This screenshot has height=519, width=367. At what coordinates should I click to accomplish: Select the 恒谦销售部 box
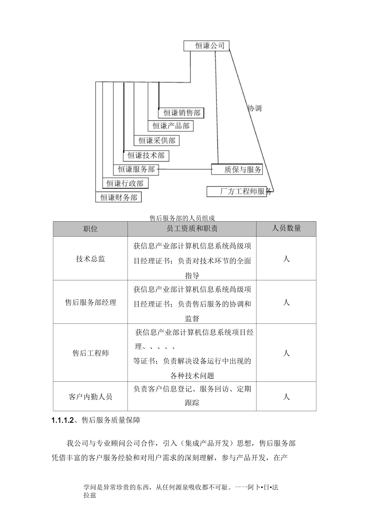click(181, 113)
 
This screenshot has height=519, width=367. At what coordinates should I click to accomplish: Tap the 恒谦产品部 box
click(170, 126)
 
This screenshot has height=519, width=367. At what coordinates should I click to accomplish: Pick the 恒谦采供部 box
click(157, 141)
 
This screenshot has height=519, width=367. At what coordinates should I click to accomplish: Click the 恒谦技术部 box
click(146, 155)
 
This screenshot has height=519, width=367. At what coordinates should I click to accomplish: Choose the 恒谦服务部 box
click(136, 169)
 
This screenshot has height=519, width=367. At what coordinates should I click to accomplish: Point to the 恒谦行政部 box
click(125, 183)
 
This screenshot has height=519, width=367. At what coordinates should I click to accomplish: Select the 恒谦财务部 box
click(119, 197)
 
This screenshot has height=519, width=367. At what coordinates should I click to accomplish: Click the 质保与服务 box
click(237, 170)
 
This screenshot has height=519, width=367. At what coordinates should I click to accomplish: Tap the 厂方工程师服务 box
click(240, 192)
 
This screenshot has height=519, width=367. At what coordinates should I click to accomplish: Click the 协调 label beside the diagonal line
click(255, 108)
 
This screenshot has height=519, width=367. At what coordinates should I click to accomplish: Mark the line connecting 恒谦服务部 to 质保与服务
click(185, 169)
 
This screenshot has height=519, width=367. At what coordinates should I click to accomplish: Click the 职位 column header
click(90, 229)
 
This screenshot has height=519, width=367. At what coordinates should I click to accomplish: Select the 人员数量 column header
click(286, 228)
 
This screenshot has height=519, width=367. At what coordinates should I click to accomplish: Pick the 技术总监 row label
click(90, 259)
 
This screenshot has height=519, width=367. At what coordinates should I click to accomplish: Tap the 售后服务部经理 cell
click(90, 302)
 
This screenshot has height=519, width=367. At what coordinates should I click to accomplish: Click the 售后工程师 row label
click(90, 353)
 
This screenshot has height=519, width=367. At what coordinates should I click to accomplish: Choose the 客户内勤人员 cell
click(90, 397)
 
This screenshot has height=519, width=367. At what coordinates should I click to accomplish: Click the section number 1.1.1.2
click(62, 421)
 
